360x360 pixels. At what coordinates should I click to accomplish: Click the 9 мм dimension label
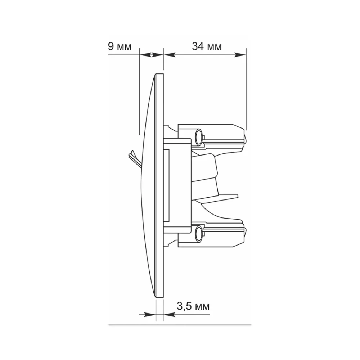(x=120, y=46)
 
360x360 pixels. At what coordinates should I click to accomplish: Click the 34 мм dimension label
(x=207, y=46)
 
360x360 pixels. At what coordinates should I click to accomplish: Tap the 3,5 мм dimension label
(x=193, y=306)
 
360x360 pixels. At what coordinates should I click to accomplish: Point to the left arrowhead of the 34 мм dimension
(x=170, y=55)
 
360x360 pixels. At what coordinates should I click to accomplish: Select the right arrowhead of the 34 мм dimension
(x=240, y=55)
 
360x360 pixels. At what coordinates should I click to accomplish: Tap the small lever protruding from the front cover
(x=133, y=158)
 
